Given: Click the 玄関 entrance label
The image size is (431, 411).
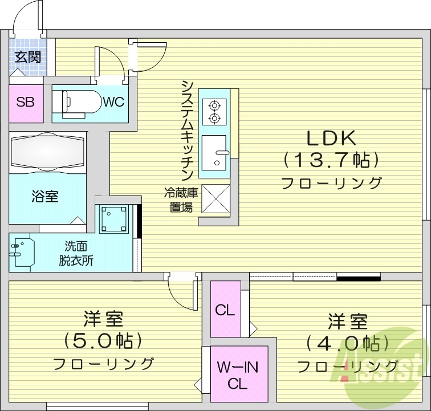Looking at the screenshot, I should pos(27,57).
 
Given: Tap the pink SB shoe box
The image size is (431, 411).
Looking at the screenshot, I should pos(26,103).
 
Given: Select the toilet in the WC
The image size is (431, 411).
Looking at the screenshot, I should pos(74,103).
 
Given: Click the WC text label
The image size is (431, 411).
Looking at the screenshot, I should pos(113,102).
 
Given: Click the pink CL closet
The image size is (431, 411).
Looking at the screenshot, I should pos(225,310).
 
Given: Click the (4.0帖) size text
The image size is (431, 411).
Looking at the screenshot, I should pos(347,343).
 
